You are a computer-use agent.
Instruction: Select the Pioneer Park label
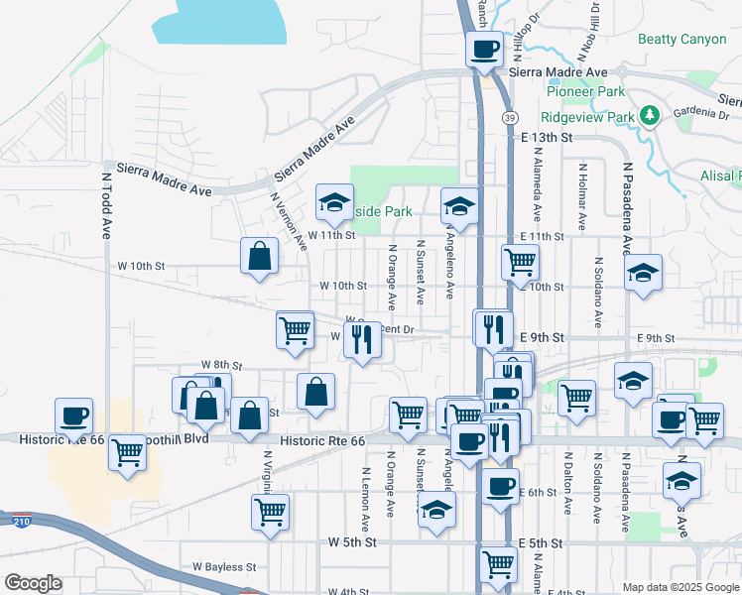pos(585,92)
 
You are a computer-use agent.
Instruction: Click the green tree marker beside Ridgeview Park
pos(650,116)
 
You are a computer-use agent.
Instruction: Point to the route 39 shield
pos(508,118)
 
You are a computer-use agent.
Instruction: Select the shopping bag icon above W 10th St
pos(259,256)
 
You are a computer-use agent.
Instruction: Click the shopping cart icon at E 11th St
pos(520,263)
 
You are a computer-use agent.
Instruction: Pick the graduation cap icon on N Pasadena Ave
pos(643,272)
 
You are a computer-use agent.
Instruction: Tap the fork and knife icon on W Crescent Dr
pos(362,339)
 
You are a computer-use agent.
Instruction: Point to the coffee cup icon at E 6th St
pos(500,486)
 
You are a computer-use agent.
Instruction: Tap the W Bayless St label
pos(224,567)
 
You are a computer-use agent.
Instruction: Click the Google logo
pos(33,583)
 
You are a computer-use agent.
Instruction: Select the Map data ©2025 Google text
pos(680,587)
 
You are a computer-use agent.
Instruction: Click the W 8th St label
pos(221,366)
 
